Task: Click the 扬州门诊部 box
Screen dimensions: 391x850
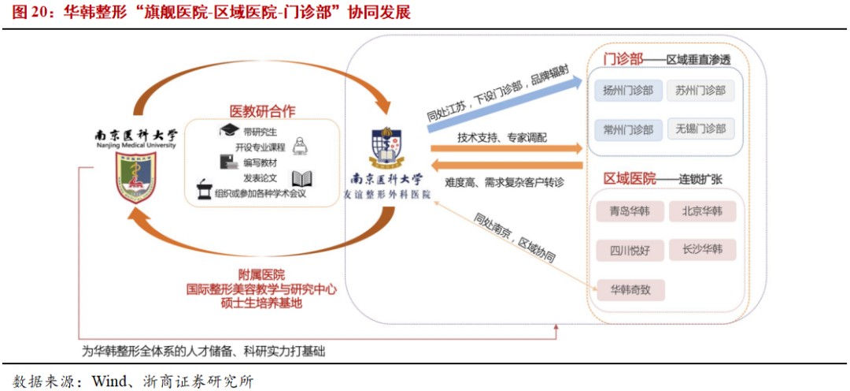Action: tap(628, 91)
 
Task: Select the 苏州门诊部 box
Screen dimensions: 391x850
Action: tap(700, 91)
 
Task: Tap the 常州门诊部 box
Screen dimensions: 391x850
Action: tap(628, 129)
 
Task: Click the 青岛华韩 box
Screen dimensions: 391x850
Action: tap(630, 211)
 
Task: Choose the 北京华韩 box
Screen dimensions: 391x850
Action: tap(702, 211)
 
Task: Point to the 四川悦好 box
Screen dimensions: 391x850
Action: tap(630, 251)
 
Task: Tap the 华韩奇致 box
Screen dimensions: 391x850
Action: tap(630, 290)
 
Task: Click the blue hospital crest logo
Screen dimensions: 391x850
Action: tap(387, 148)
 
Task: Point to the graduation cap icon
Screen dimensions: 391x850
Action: tap(229, 130)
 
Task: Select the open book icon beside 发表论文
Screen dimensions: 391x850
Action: tap(302, 179)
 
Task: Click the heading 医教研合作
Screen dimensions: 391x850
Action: tap(262, 111)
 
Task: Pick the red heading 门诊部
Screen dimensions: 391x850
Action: tap(623, 60)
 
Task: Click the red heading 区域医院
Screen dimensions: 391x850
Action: tap(630, 179)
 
